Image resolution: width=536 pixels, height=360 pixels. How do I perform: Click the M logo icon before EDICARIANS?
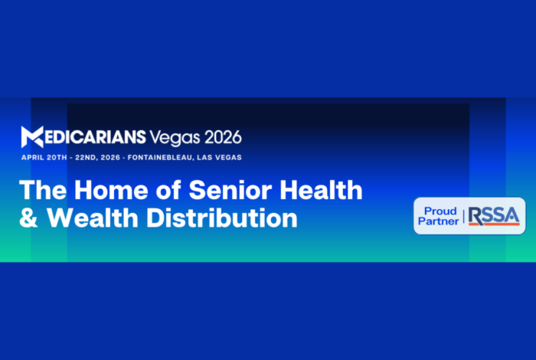click(32, 137)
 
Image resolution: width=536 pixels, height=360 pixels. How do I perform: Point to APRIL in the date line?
click(34, 157)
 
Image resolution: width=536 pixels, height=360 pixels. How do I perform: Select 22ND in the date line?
click(96, 157)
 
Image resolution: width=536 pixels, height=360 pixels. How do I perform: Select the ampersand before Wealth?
click(28, 218)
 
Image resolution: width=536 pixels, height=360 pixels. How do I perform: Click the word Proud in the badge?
click(440, 211)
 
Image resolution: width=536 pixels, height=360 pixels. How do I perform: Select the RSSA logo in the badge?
click(493, 216)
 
